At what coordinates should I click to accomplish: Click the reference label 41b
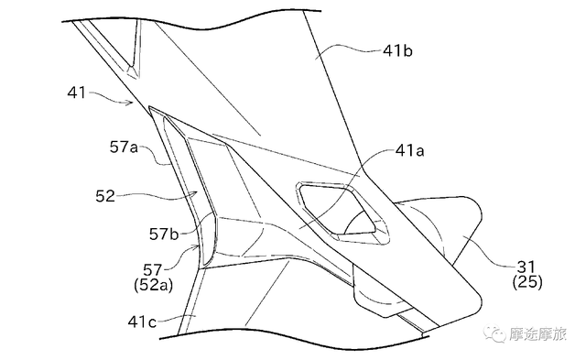(397, 50)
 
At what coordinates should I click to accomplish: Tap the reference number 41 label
(77, 93)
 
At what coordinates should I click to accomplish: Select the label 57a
(124, 147)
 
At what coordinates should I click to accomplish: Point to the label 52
(105, 196)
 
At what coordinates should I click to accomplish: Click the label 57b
(164, 234)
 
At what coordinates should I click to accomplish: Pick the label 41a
(409, 150)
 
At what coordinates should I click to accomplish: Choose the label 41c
(142, 322)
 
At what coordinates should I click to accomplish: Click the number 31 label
(526, 267)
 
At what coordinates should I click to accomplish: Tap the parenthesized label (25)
(527, 281)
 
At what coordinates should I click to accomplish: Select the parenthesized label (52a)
(153, 285)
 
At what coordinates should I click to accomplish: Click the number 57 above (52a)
(153, 270)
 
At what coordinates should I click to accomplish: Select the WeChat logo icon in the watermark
(494, 333)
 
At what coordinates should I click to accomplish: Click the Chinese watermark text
(537, 333)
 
